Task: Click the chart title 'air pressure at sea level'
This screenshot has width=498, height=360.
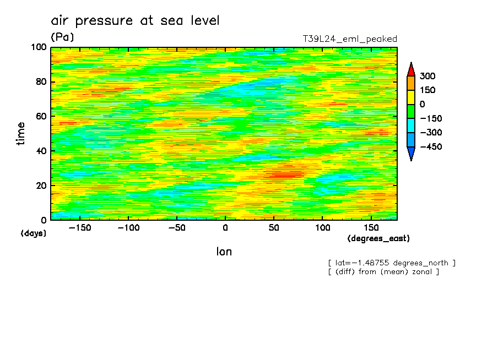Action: point(135,21)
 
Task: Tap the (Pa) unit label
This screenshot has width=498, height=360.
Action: point(62,37)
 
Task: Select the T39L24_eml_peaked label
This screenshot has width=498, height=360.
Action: point(350,39)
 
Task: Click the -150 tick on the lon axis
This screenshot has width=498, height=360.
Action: point(79,227)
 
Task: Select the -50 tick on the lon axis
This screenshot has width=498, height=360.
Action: point(176,227)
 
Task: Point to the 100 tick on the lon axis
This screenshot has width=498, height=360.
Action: point(322,227)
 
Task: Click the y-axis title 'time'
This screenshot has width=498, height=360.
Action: point(21,134)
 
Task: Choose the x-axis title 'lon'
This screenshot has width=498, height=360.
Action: point(224,252)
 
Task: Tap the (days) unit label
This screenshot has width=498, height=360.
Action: point(34,233)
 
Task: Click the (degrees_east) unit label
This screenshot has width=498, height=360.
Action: point(378,238)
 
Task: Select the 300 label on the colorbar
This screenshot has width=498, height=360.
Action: point(427,76)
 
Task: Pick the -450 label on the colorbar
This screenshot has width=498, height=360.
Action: point(431,147)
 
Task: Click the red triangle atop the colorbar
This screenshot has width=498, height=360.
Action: point(410,69)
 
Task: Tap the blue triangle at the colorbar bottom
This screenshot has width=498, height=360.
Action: point(410,154)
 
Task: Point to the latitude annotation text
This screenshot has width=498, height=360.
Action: point(392,263)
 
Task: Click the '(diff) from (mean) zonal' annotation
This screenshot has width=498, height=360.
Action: point(383,271)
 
